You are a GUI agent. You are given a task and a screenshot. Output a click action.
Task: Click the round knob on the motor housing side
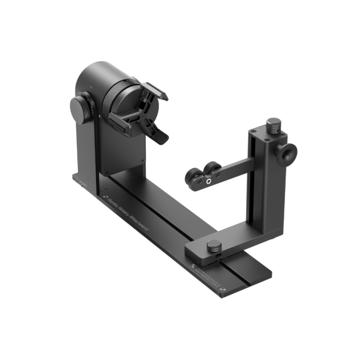coord(80,109)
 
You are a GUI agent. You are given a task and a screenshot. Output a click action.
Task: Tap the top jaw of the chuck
coord(155,91)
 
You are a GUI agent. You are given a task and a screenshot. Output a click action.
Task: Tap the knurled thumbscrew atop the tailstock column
coord(274,125)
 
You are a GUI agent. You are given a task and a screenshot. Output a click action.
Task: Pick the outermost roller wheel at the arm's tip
coord(193,179)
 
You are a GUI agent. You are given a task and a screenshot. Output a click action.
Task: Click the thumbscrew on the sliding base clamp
coord(213,247)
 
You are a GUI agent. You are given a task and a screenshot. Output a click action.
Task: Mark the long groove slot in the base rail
coord(180,228)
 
